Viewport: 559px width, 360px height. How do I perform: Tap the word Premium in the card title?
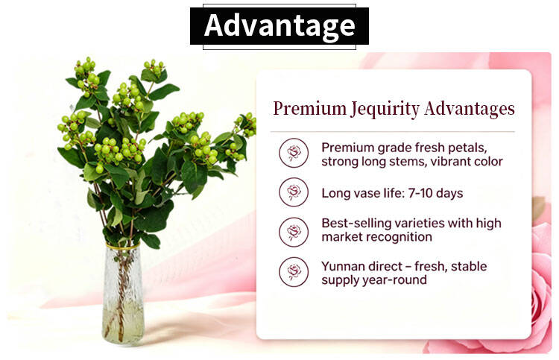[309, 108]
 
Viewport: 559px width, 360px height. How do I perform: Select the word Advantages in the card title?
[470, 109]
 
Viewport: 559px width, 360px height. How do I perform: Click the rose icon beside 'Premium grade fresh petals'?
[294, 154]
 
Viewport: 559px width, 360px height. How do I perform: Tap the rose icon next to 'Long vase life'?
[294, 192]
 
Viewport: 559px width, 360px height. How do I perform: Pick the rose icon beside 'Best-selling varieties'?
[294, 232]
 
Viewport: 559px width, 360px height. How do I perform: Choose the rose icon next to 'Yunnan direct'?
[294, 272]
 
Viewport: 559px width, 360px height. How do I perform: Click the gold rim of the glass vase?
[123, 246]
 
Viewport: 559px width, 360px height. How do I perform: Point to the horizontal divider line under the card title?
[392, 131]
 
